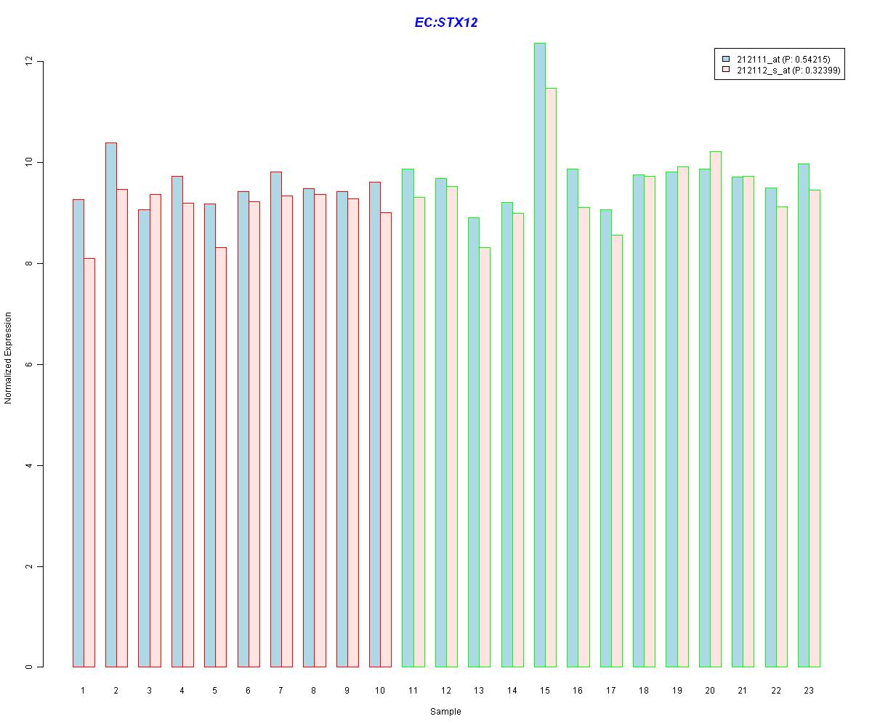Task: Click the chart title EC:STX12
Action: (x=445, y=23)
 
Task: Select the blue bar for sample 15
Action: (x=540, y=356)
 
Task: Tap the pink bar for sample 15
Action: (x=551, y=378)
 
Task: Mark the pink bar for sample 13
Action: (x=485, y=457)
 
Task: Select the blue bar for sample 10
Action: (x=375, y=425)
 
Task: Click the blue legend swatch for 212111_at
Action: (x=725, y=59)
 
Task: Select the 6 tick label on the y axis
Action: (x=29, y=364)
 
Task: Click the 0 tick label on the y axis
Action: (x=29, y=667)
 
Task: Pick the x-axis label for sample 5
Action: (x=215, y=690)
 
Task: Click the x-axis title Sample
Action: (x=445, y=712)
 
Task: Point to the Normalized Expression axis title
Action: (x=9, y=358)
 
